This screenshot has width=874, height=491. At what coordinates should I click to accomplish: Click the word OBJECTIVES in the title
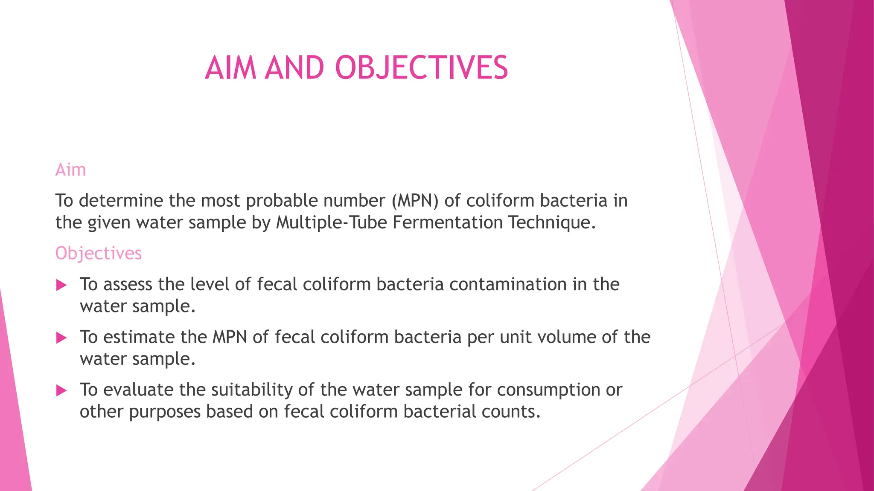[422, 68]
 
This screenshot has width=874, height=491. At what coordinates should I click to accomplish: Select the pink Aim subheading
[71, 170]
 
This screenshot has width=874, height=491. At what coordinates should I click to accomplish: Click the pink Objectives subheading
[98, 254]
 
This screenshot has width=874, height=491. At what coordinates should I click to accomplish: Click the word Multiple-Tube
[331, 223]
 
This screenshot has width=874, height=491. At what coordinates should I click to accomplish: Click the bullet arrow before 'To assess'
[61, 285]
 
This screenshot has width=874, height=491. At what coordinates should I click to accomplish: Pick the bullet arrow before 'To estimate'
[61, 338]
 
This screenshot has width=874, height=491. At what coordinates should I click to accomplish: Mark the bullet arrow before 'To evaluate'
[61, 390]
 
